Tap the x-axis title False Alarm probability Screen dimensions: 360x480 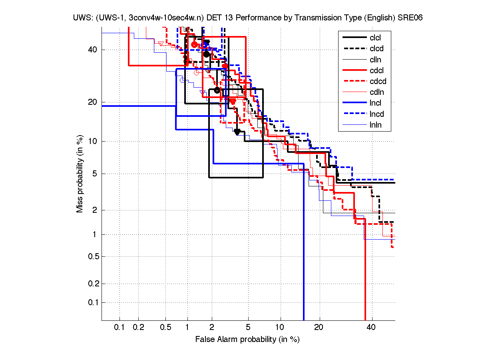[247, 339]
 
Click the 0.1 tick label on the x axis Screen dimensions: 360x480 [120, 328]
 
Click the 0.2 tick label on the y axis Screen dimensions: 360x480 [92, 284]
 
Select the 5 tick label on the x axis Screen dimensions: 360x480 [248, 328]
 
